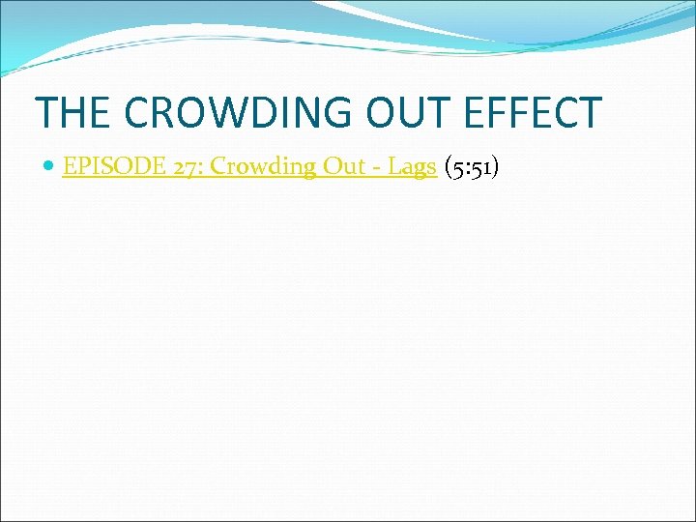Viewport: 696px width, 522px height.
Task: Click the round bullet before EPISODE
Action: click(x=49, y=167)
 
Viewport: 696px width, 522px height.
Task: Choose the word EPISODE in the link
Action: click(x=105, y=166)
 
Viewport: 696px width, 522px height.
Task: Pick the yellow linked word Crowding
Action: click(x=263, y=166)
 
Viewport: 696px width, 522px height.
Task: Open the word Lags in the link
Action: click(x=413, y=167)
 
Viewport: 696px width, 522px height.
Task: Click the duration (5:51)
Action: click(x=472, y=166)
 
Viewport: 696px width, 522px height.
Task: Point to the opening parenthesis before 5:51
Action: click(x=448, y=167)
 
